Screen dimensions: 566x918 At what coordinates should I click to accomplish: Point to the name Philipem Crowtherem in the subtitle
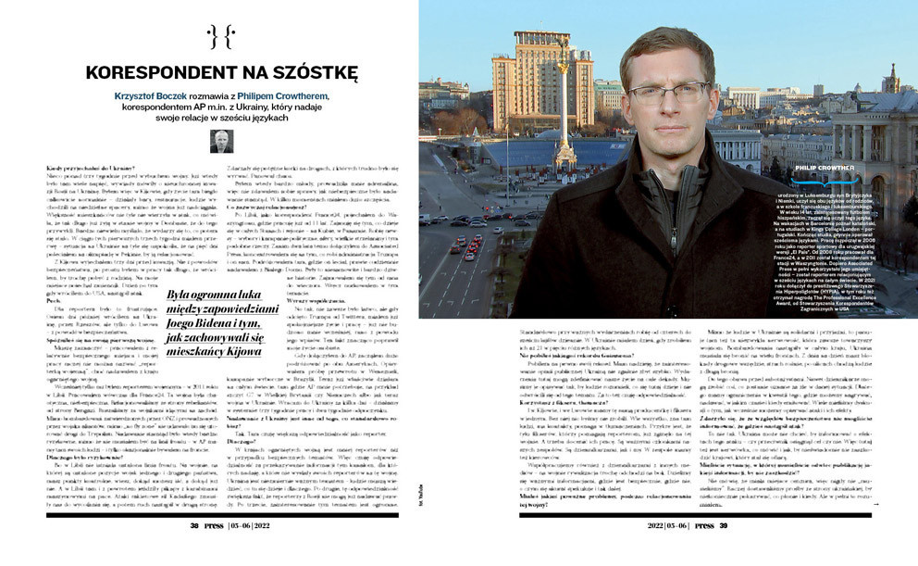click(x=282, y=95)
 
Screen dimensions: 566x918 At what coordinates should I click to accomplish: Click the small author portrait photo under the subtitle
click(x=221, y=141)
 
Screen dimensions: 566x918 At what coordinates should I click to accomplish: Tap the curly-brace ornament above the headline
click(x=221, y=37)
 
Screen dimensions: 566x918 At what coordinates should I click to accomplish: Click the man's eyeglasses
click(x=667, y=93)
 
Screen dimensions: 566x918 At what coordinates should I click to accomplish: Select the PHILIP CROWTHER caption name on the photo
click(x=839, y=168)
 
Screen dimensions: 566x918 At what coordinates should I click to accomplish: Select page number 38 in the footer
click(x=195, y=551)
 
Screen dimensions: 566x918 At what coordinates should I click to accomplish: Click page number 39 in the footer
click(x=723, y=551)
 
